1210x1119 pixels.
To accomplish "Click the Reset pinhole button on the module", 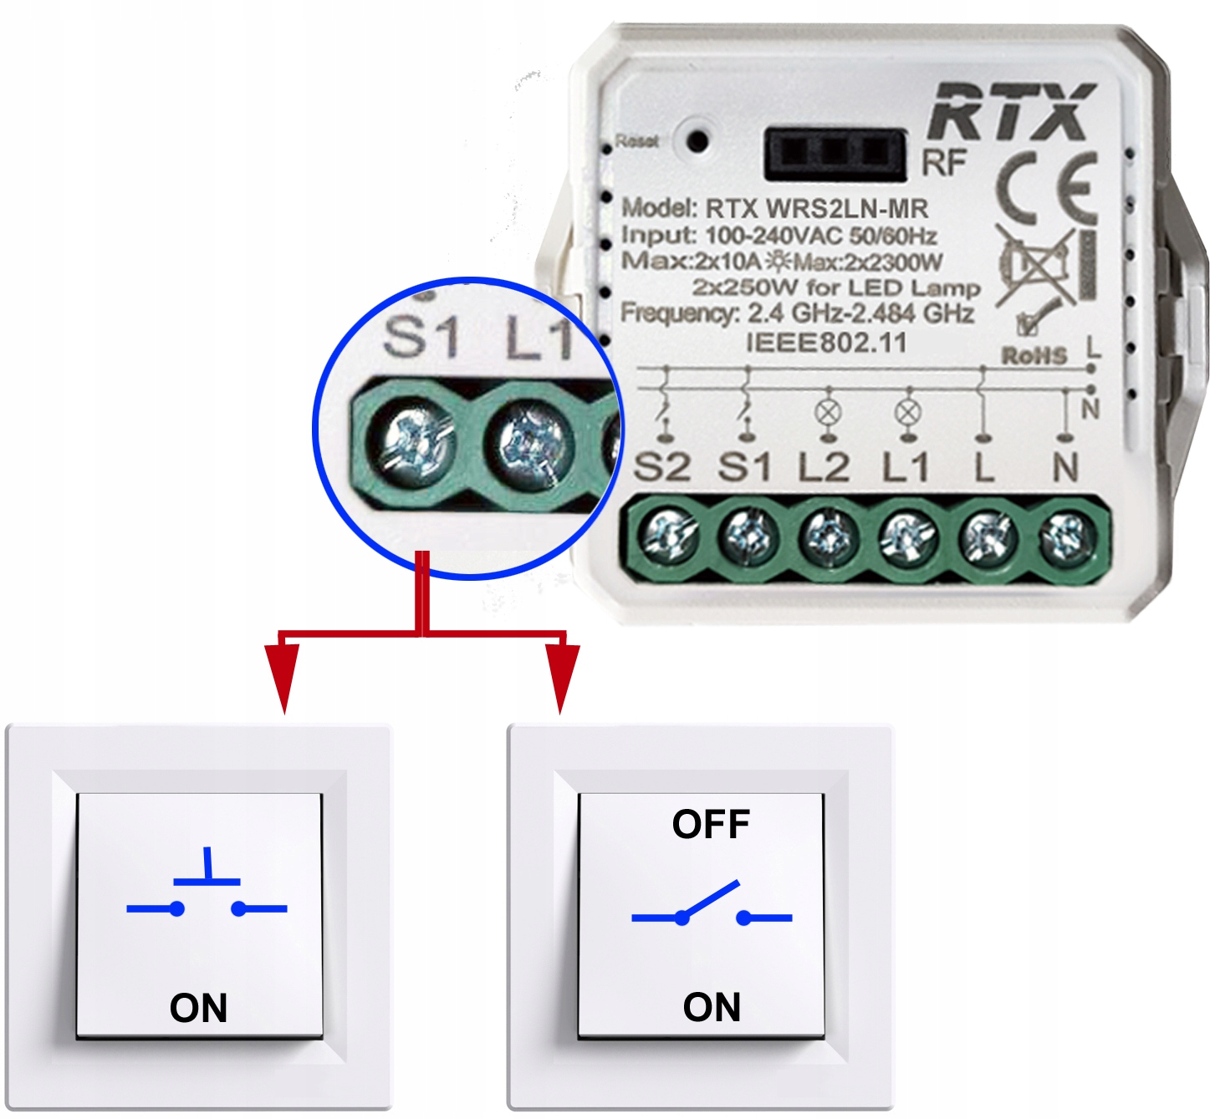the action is click(x=697, y=140).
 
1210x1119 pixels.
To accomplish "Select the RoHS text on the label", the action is click(x=1034, y=356).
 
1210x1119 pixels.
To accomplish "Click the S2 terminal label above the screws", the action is click(x=662, y=468).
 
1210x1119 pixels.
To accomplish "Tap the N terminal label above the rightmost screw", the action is click(x=1064, y=468).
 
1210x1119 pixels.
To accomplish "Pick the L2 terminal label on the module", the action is click(x=824, y=468).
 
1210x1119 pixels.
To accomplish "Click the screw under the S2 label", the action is click(x=668, y=535).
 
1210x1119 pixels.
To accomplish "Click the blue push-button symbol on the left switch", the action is click(x=207, y=891).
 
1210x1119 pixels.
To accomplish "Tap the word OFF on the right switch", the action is click(x=711, y=825).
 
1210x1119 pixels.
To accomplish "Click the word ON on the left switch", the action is click(x=198, y=1008).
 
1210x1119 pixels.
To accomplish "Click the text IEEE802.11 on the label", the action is click(x=825, y=343).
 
